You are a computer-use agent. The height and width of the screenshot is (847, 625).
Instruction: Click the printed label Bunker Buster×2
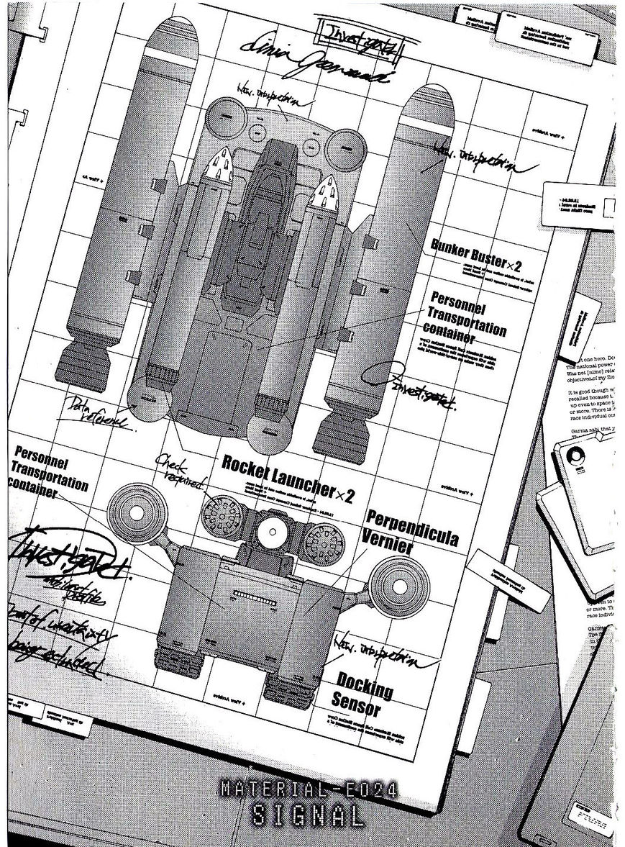475,256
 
